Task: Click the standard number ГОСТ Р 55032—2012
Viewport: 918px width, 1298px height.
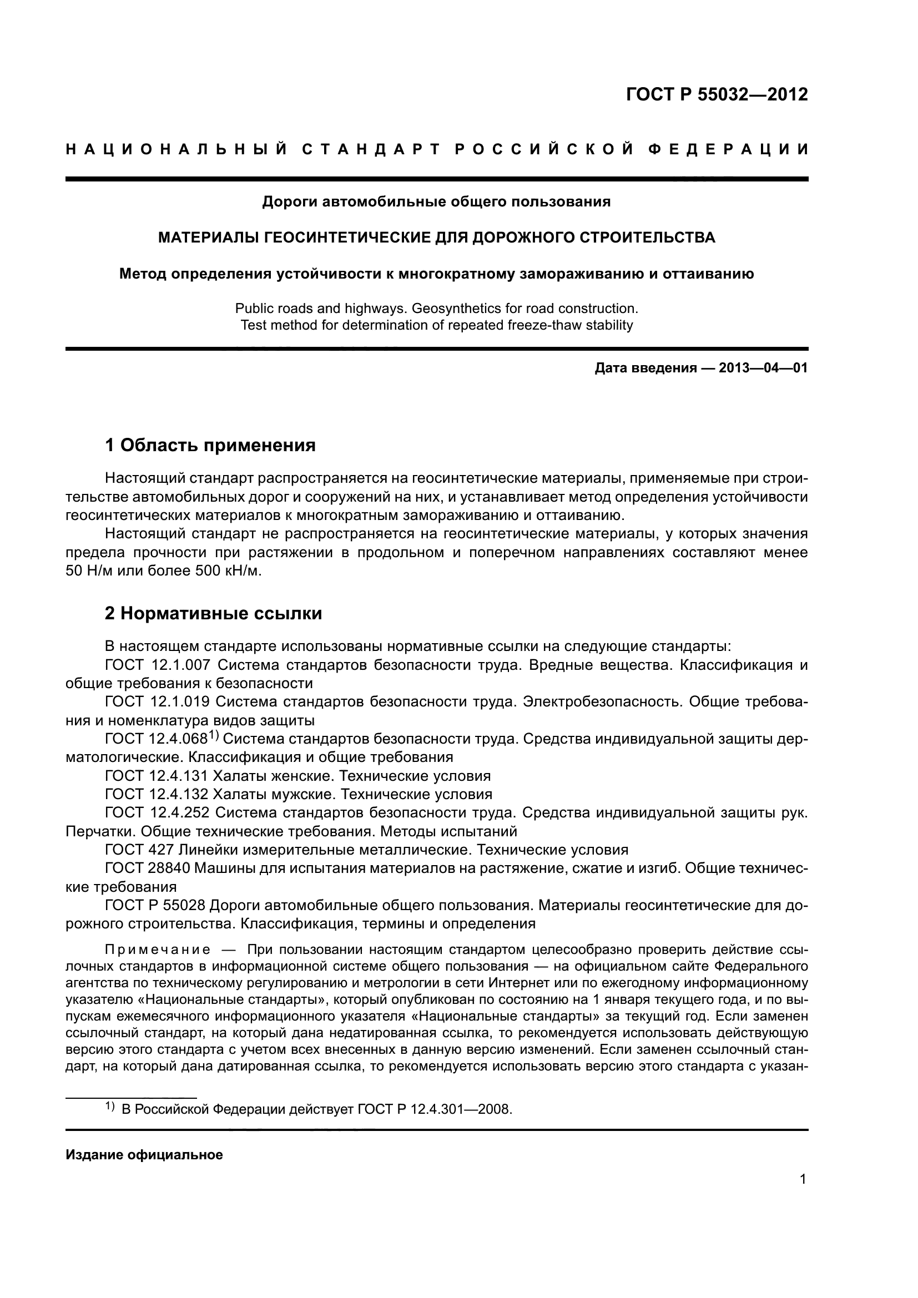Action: [x=717, y=94]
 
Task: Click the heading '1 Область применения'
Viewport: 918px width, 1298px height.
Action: [x=210, y=446]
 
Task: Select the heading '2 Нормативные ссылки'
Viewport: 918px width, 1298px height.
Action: [x=213, y=613]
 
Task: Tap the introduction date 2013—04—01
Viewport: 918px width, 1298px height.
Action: [x=763, y=368]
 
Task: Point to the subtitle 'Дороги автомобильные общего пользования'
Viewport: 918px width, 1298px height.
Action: [x=436, y=202]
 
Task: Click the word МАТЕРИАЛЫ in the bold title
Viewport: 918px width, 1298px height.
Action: [x=208, y=238]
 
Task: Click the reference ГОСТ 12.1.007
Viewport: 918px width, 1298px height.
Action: [x=158, y=665]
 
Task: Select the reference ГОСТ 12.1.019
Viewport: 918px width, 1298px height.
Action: [x=158, y=702]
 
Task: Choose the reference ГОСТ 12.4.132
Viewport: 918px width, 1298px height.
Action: [x=158, y=795]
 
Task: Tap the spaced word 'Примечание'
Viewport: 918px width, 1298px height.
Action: [x=158, y=949]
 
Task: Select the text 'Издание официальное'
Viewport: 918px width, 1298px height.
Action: [x=144, y=1155]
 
